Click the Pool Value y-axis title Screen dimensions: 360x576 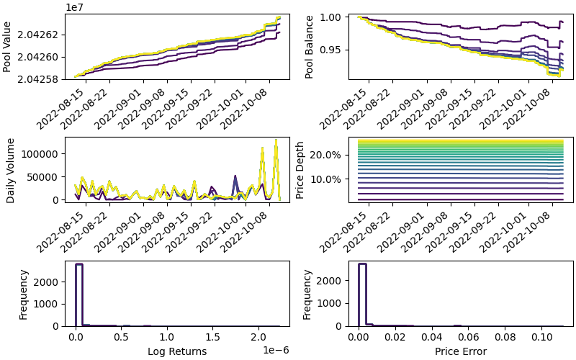pos(7,47)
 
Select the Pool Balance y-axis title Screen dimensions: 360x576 pos(310,47)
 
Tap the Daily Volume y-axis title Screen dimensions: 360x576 pos(11,170)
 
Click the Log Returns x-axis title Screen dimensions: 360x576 pos(177,351)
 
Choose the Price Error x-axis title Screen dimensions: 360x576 pos(461,351)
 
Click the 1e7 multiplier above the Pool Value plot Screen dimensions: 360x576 pos(75,6)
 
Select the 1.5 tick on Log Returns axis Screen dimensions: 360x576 pos(213,337)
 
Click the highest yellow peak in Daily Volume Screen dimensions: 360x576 pos(275,140)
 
